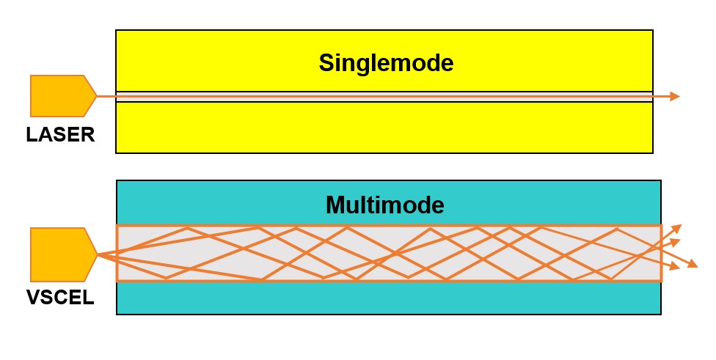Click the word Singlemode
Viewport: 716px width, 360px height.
[386, 63]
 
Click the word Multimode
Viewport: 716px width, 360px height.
[385, 205]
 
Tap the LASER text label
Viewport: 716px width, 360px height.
[60, 135]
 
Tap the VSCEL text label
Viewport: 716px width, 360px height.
[60, 298]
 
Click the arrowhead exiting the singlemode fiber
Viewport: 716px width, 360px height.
[675, 97]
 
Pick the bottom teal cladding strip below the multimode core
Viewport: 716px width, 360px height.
[389, 298]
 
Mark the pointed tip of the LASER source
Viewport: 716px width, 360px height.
[96, 96]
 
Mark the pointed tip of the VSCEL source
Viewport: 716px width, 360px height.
[97, 254]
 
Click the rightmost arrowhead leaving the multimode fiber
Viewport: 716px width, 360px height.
[693, 264]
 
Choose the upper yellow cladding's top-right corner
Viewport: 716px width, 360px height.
[652, 31]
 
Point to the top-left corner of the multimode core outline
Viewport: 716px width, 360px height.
[117, 227]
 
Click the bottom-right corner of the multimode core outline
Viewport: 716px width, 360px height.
[661, 281]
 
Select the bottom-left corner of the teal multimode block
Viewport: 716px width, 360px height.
[117, 314]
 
